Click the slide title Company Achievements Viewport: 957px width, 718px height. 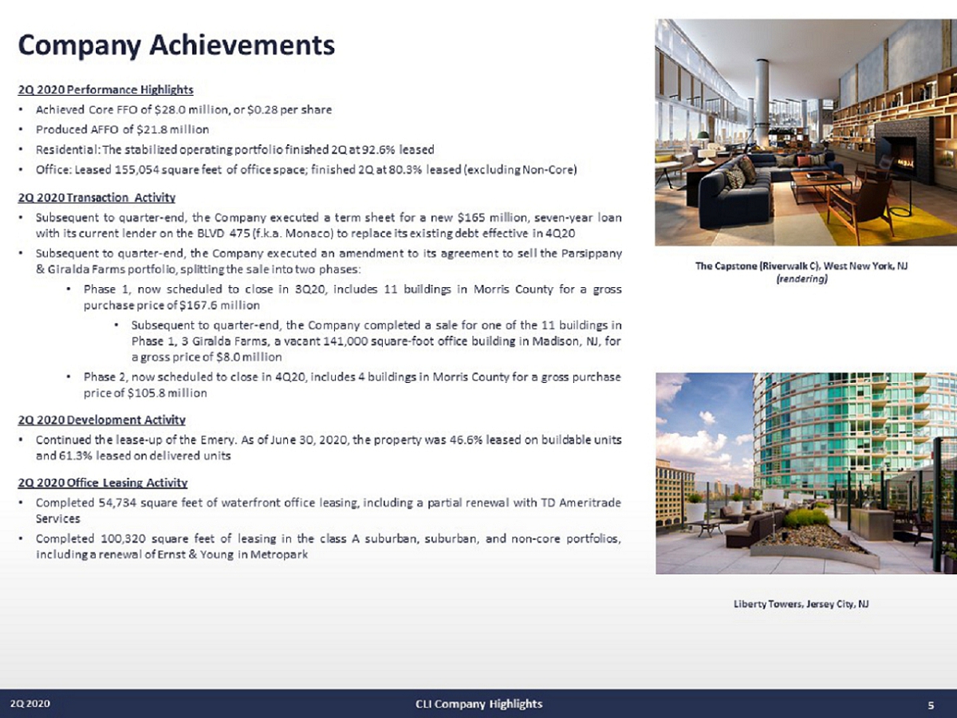[176, 44]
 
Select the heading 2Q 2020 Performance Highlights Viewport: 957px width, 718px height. [105, 89]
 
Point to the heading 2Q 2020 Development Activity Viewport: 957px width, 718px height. [101, 420]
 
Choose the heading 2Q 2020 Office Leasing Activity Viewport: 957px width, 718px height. [102, 482]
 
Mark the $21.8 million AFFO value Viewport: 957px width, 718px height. [171, 129]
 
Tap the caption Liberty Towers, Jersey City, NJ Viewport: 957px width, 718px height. [800, 604]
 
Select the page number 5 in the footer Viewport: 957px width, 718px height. [931, 704]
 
